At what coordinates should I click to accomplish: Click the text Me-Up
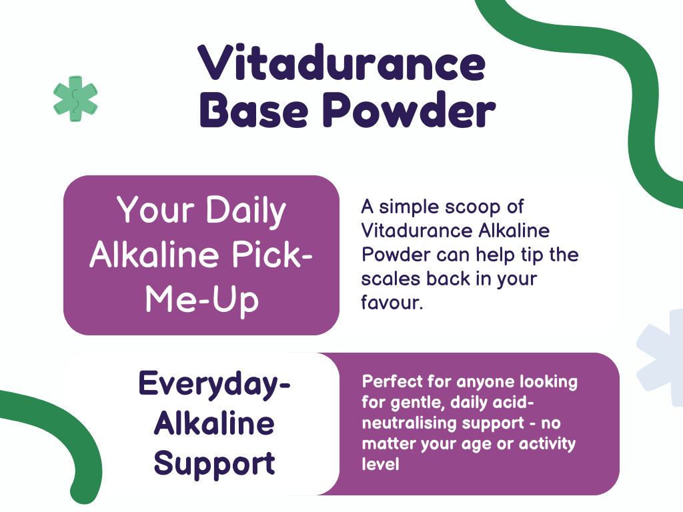201,300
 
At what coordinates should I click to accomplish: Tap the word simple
408,207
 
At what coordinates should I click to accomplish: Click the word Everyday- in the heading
214,385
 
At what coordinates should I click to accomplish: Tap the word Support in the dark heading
214,463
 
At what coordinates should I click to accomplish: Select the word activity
545,443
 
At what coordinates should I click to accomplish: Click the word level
380,464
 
